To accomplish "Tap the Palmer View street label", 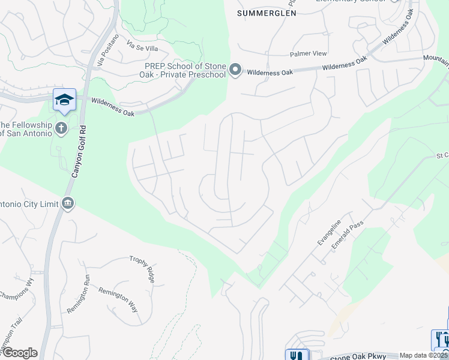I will tap(308, 53).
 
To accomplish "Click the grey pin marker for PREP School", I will tap(236, 71).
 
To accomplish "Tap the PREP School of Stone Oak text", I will tap(184, 70).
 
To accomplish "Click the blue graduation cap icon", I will tap(64, 100).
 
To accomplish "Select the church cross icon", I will tap(61, 128).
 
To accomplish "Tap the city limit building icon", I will tap(68, 203).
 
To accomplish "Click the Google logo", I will tap(19, 353).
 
